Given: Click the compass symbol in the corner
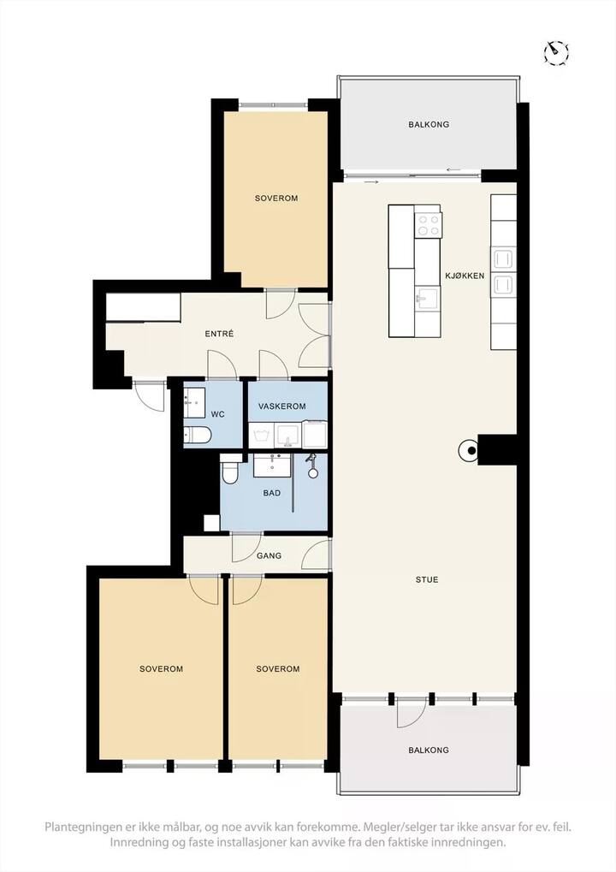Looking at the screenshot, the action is [556, 53].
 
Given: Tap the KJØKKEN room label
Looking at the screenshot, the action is [465, 276].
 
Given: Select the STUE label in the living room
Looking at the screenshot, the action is [427, 579].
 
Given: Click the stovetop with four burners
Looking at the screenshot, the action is [428, 225].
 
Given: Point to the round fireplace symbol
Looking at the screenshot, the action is [468, 451].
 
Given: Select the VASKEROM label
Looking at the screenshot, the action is [281, 406].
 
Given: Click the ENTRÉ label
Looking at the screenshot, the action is [219, 334].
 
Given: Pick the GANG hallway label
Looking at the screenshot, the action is [269, 555].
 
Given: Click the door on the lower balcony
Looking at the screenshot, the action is [412, 712].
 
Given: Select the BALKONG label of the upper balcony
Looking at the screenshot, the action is [429, 125].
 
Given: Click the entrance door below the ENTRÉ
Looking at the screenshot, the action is [150, 396].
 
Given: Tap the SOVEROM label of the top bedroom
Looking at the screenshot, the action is [276, 198].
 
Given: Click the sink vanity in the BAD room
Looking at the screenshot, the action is [272, 466].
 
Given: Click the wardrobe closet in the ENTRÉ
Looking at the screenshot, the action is [143, 307].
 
